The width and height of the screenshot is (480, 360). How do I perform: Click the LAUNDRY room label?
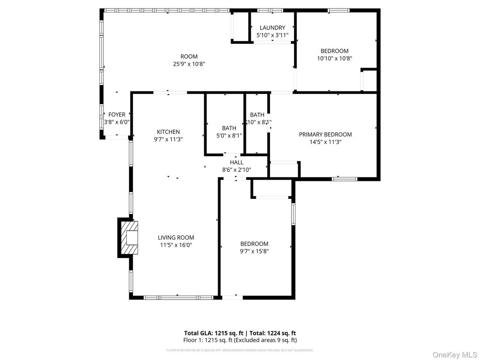tap(272, 28)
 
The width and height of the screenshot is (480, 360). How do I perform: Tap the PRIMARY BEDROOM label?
tap(325, 134)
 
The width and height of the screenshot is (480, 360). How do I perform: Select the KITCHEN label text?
tap(168, 132)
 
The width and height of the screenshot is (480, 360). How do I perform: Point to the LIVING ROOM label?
tap(176, 238)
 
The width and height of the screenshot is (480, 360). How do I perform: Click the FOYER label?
tap(117, 115)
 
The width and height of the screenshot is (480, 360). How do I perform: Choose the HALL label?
tap(236, 163)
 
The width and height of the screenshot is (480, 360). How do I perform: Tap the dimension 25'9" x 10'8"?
tap(189, 64)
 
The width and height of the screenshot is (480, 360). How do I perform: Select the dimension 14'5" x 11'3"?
tap(325, 141)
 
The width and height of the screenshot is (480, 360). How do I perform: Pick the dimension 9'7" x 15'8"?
tap(254, 251)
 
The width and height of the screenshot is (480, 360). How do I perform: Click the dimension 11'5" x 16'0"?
tap(176, 245)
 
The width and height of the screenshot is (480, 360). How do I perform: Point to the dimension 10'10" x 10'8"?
tap(334, 58)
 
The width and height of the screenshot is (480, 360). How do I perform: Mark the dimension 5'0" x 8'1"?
tap(229, 135)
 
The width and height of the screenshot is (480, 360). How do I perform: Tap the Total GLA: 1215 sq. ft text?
tap(214, 333)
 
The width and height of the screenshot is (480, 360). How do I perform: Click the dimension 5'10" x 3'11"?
tap(272, 35)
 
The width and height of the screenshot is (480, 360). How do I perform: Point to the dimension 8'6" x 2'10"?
tap(236, 170)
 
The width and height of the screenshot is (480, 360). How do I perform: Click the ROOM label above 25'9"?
tap(189, 56)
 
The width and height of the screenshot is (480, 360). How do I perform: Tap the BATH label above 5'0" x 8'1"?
tap(229, 128)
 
